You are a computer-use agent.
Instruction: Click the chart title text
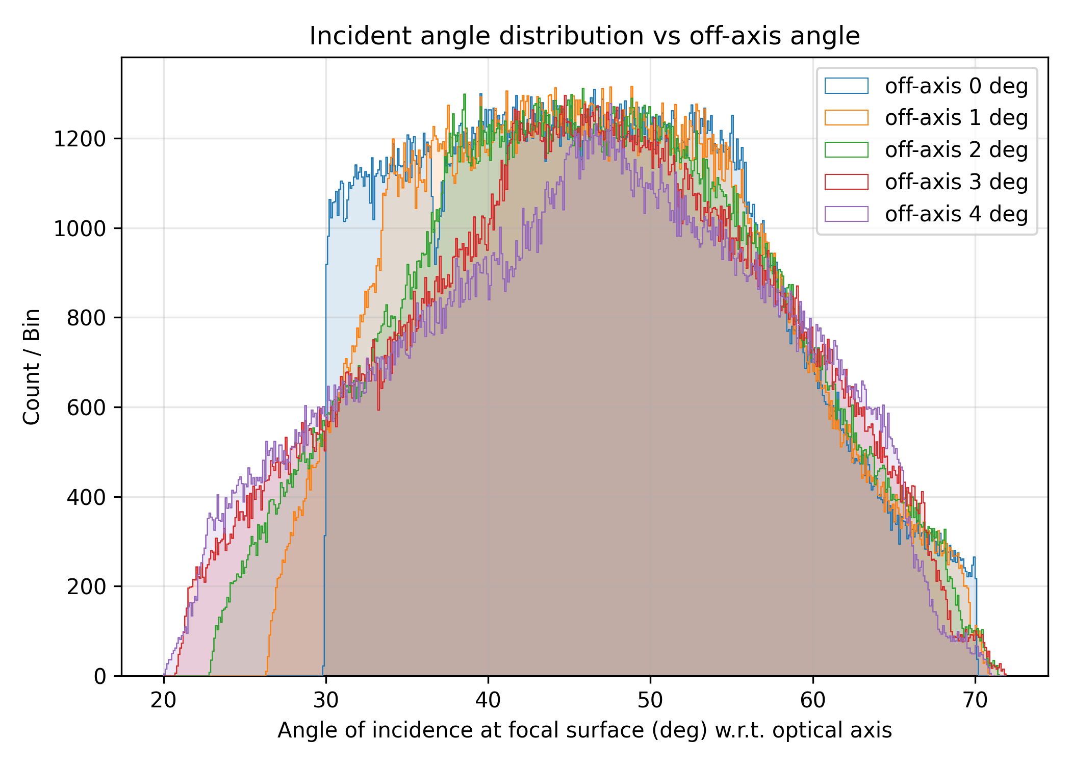point(584,36)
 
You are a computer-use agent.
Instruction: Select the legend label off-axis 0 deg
point(956,86)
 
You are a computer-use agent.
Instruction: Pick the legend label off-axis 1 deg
point(956,118)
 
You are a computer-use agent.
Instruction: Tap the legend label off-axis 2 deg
point(956,150)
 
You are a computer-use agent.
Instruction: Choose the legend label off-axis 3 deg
point(956,182)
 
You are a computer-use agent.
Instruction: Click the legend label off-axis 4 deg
point(956,214)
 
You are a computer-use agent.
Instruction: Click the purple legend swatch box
point(846,214)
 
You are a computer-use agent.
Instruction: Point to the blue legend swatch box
point(846,86)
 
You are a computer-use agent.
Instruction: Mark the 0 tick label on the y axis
point(100,676)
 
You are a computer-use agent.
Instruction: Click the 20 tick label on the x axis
point(164,701)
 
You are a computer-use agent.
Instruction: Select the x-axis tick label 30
point(326,701)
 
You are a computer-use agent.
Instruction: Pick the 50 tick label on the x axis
point(650,701)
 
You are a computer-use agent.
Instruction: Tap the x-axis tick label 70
point(975,701)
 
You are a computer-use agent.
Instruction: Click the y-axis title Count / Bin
point(32,366)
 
